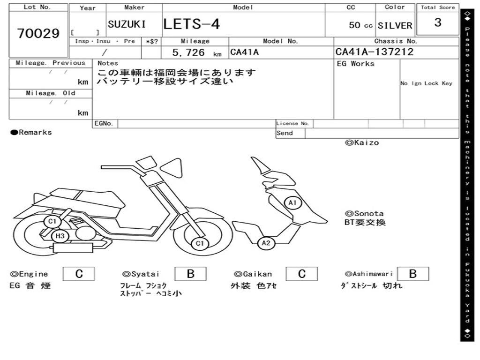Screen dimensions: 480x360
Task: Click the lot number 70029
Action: coord(38,34)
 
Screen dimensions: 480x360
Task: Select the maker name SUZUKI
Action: coord(127,24)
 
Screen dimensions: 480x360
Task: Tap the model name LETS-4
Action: coord(192,24)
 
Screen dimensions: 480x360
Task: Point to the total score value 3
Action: coord(438,22)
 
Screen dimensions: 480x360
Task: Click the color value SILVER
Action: coord(395,25)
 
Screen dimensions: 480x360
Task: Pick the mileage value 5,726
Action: coord(189,52)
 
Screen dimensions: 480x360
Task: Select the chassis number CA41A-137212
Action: coord(375,52)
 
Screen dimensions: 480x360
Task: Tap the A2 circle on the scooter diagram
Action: coord(266,243)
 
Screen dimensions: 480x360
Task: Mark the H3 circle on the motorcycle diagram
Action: coord(60,236)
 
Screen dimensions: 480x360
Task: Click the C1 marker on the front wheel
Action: coord(200,243)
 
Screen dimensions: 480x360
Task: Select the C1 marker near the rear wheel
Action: coord(52,221)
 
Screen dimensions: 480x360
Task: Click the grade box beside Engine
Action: coord(79,274)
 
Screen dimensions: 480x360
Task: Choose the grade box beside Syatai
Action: coord(190,274)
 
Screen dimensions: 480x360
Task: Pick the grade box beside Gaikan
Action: coord(302,274)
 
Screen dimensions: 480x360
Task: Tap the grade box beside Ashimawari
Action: coord(412,274)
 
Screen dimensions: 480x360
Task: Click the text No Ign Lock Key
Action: coord(426,83)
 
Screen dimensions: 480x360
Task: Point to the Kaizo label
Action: coord(362,142)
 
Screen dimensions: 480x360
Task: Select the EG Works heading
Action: coord(356,63)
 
